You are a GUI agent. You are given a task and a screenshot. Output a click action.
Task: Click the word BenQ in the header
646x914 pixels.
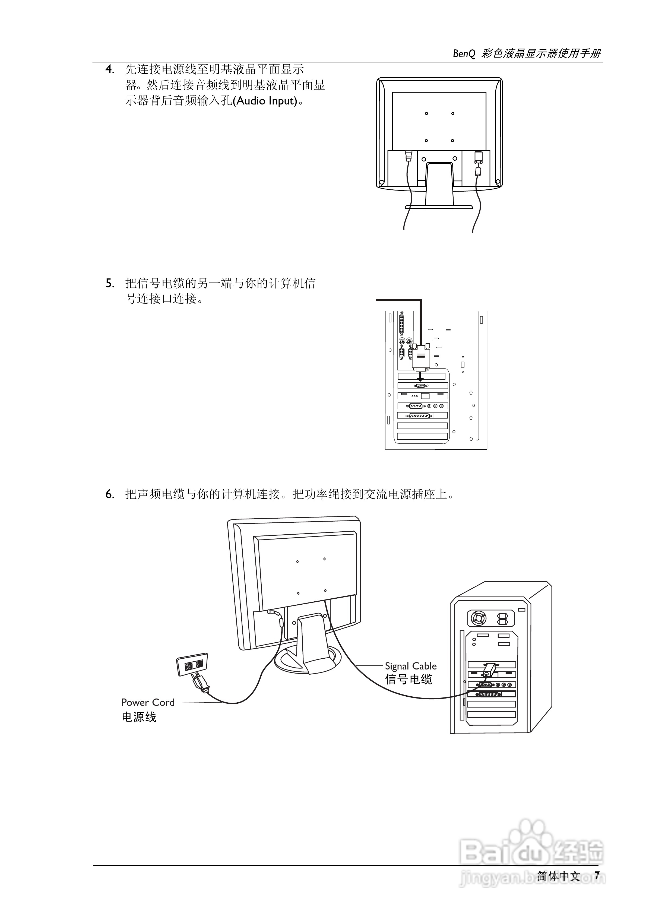click(464, 54)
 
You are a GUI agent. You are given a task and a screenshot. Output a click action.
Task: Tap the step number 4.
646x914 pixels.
click(110, 70)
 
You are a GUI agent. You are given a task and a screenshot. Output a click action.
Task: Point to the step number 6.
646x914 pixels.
click(110, 494)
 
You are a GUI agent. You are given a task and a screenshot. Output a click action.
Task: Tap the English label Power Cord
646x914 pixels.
click(148, 702)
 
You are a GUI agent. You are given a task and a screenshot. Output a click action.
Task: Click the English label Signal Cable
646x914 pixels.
click(411, 666)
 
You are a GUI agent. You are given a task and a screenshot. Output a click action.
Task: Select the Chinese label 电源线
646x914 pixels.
click(139, 717)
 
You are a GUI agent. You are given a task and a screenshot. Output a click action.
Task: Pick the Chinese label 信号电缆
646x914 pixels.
click(408, 679)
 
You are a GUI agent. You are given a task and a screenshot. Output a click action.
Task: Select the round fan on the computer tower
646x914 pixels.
click(478, 618)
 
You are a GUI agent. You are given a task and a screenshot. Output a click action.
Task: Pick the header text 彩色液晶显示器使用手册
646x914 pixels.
click(541, 54)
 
